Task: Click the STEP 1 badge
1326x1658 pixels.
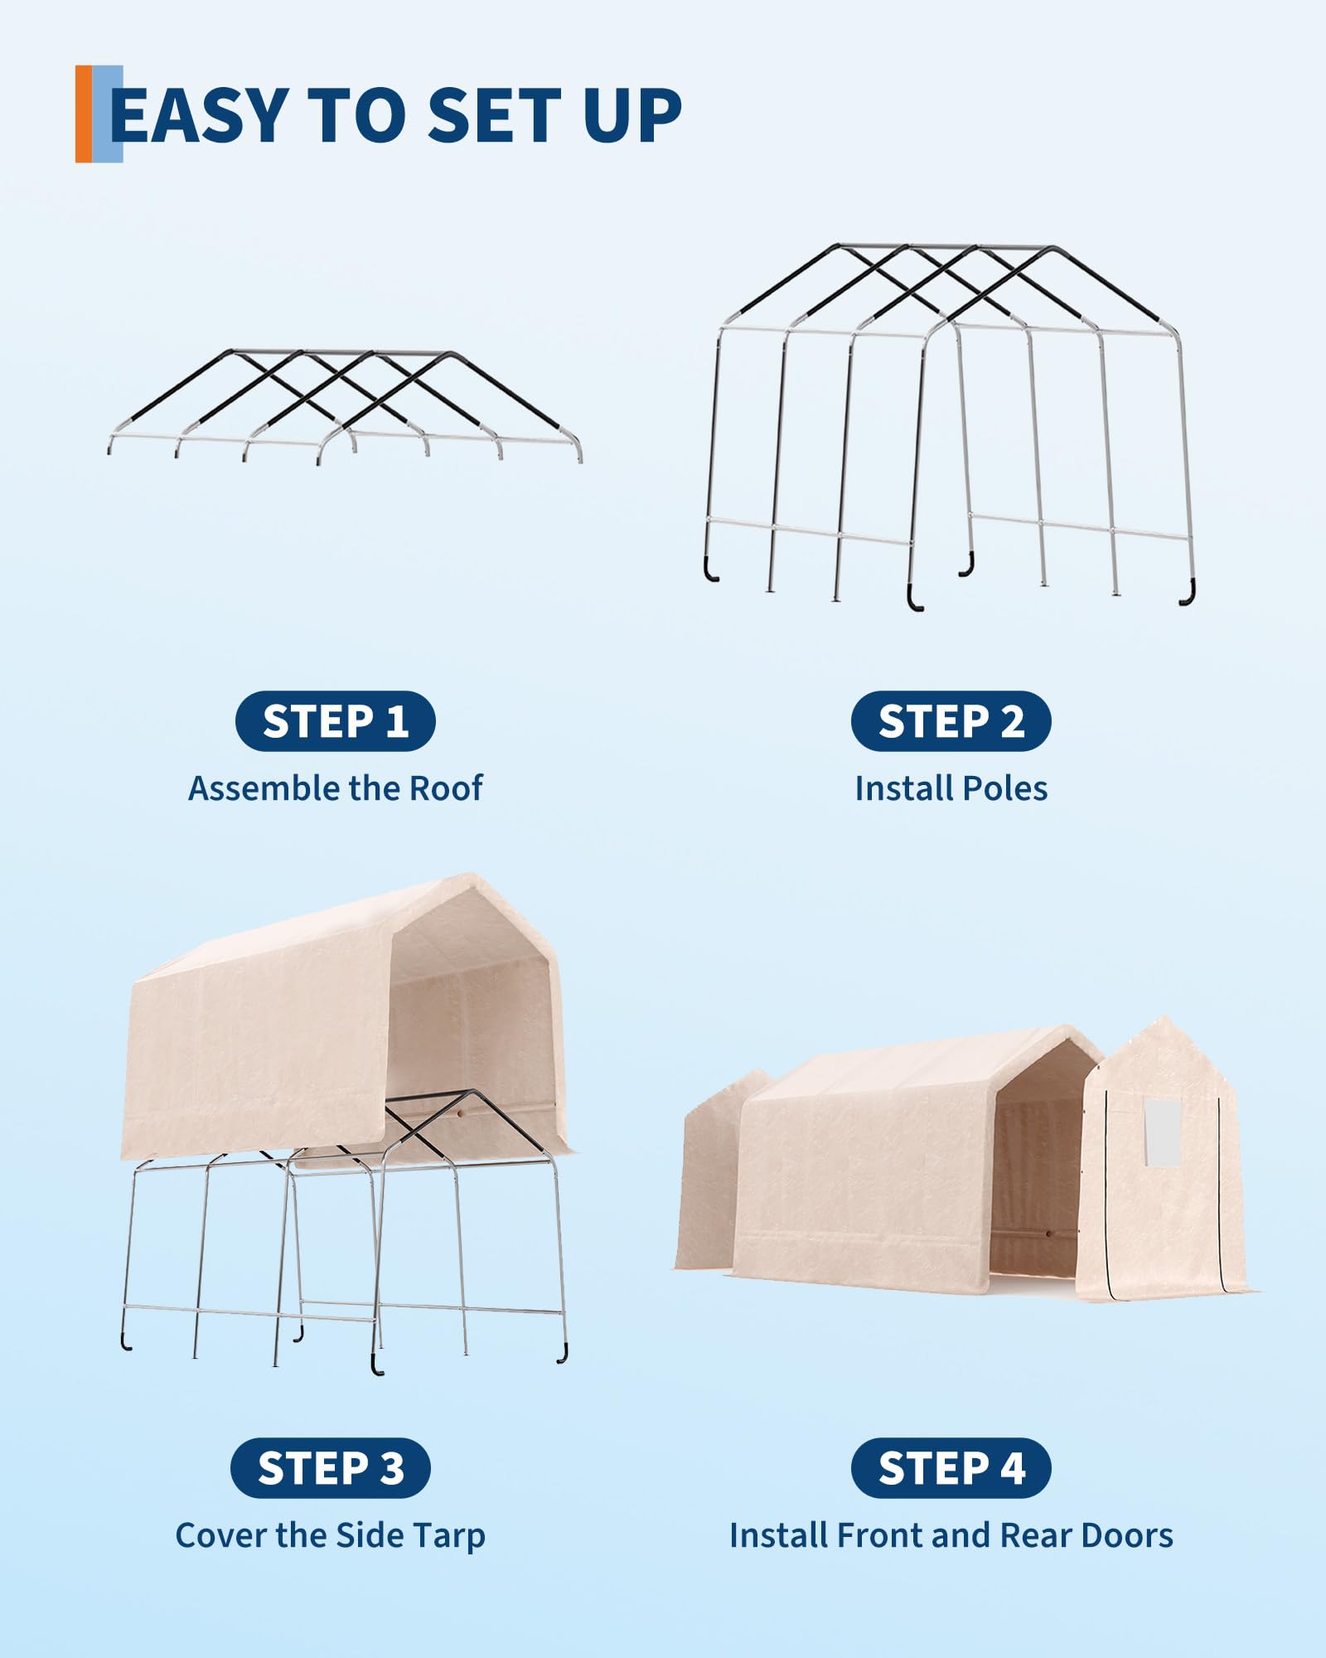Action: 336,721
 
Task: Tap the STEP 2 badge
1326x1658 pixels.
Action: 951,721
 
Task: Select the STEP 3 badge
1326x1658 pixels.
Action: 331,1468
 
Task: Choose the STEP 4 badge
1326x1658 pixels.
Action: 951,1468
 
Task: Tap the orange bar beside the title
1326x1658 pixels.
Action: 84,114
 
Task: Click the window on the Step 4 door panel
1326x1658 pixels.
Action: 1161,1132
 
